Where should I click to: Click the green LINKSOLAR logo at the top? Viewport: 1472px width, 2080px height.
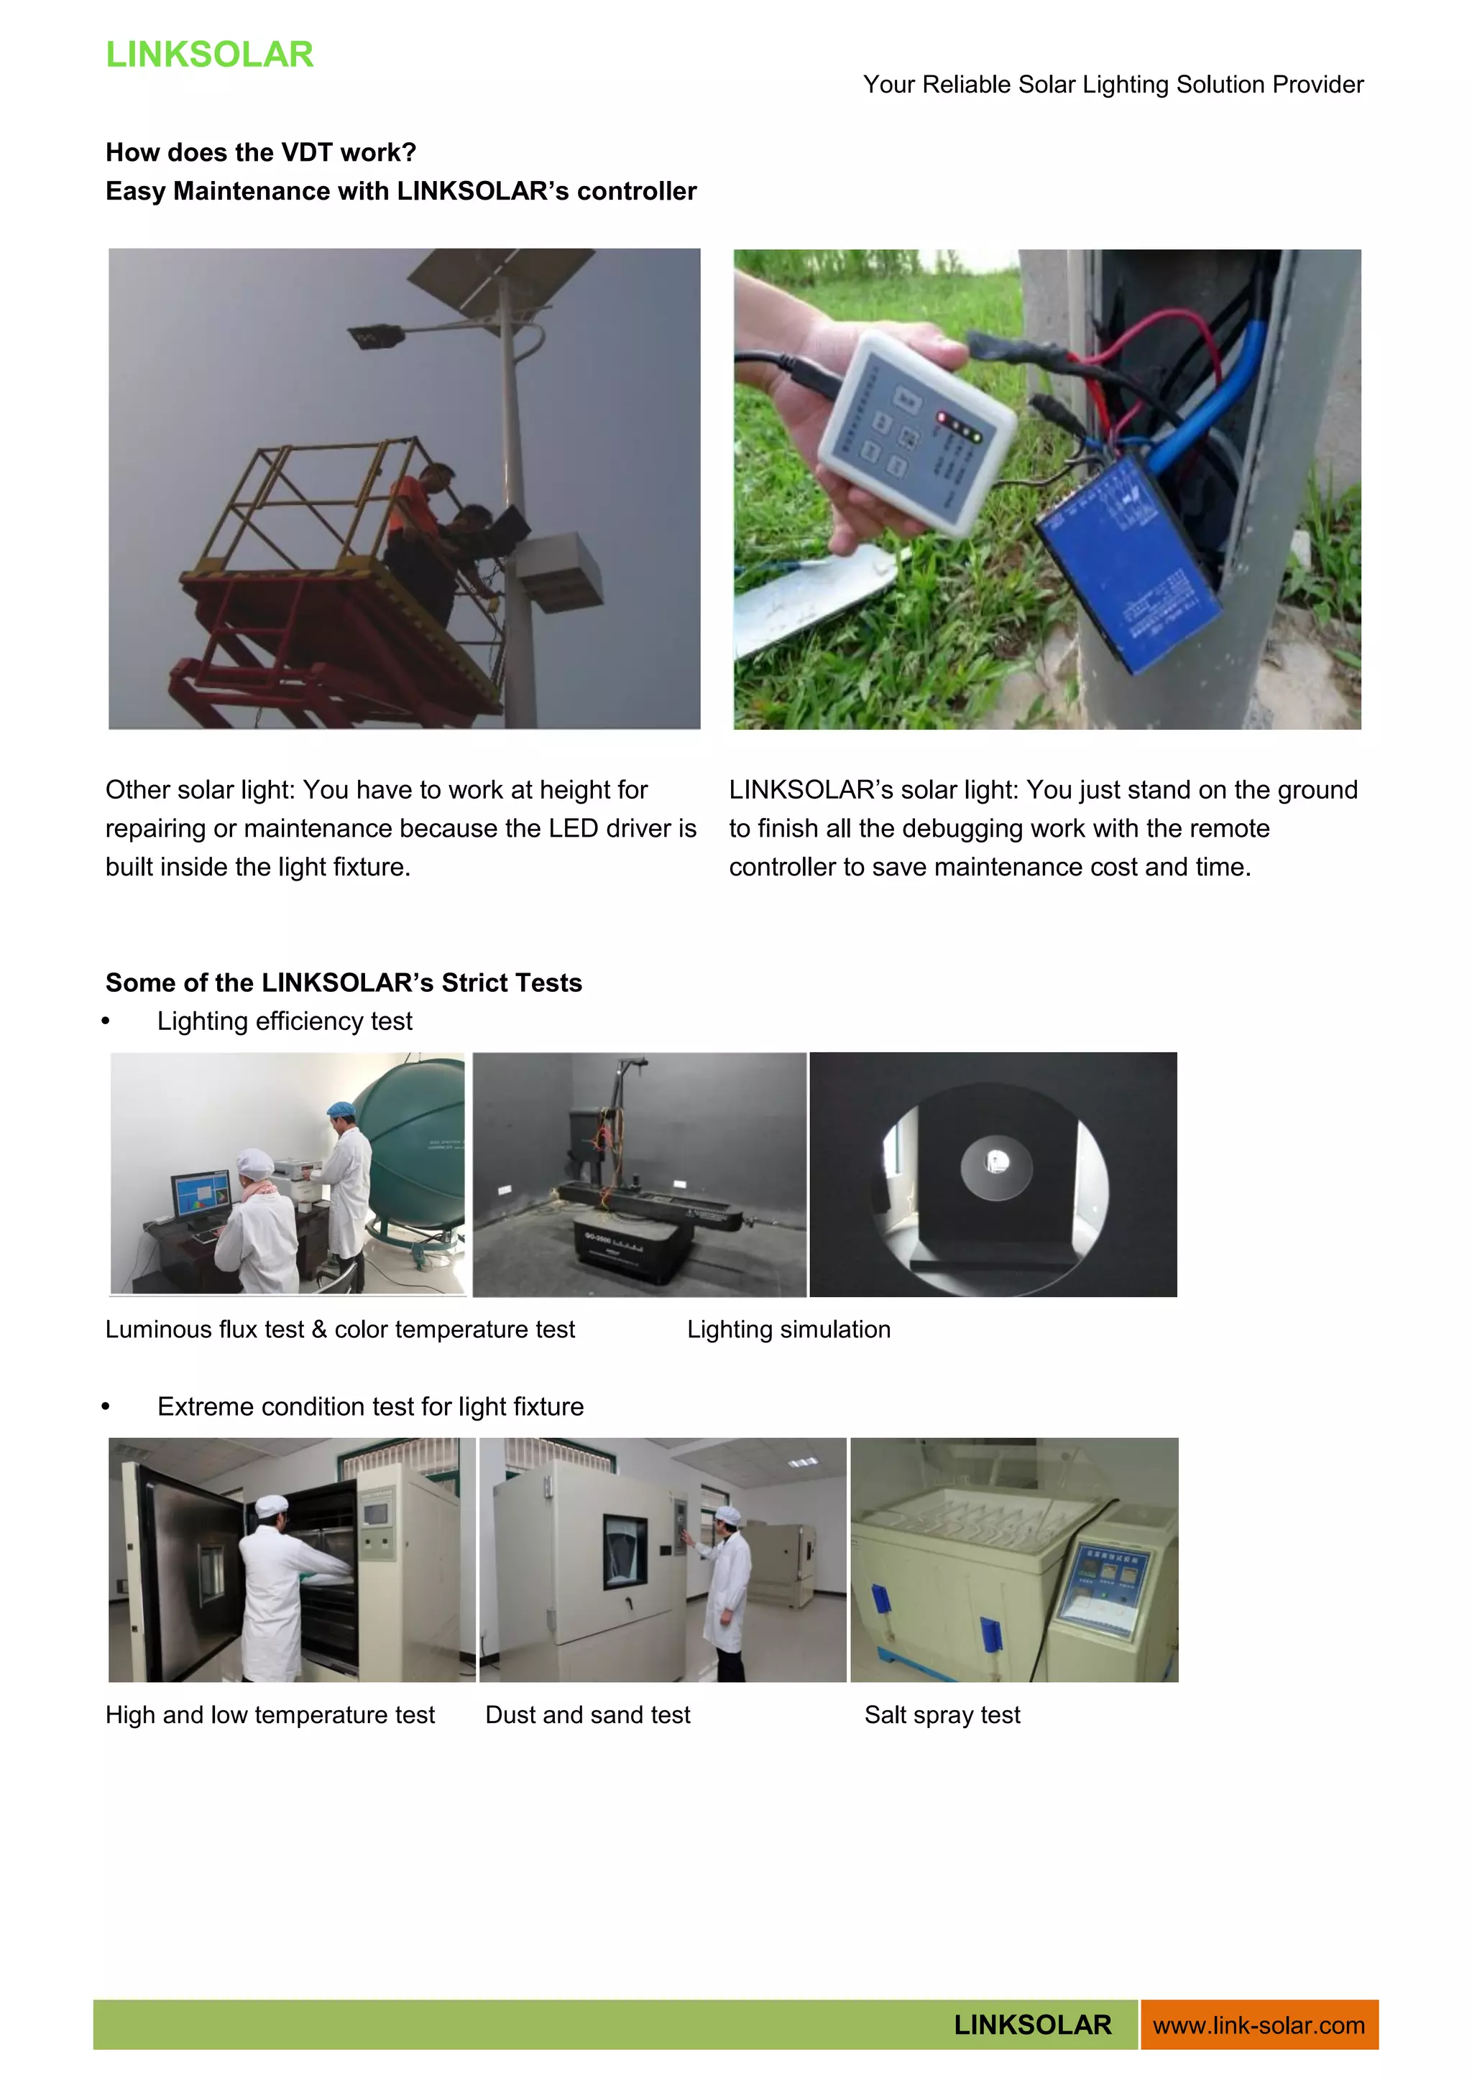[x=209, y=55]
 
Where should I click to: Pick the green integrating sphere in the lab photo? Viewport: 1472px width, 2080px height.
[x=413, y=1151]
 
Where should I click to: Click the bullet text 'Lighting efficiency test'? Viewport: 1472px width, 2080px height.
[x=285, y=1021]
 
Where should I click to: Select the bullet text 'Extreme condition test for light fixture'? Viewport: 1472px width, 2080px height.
[x=370, y=1406]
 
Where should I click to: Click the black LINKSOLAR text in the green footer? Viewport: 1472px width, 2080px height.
[x=1032, y=2025]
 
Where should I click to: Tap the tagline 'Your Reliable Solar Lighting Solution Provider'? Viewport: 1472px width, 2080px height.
[x=1113, y=84]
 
